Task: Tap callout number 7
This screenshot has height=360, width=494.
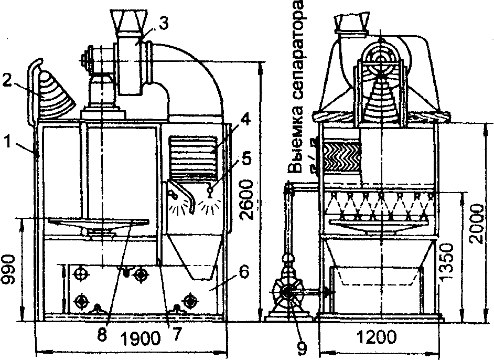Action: point(169,332)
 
